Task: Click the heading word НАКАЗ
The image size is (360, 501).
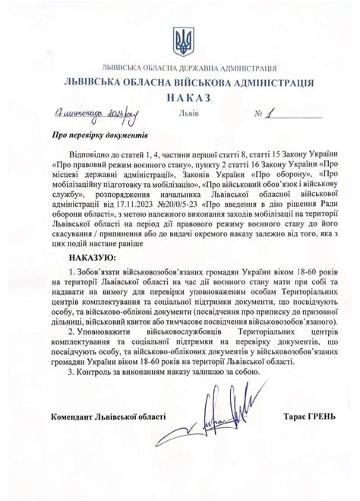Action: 180,98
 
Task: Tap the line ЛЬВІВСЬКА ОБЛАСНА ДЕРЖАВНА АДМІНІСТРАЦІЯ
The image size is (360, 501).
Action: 180,68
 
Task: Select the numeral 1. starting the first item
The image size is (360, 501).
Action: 71,271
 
